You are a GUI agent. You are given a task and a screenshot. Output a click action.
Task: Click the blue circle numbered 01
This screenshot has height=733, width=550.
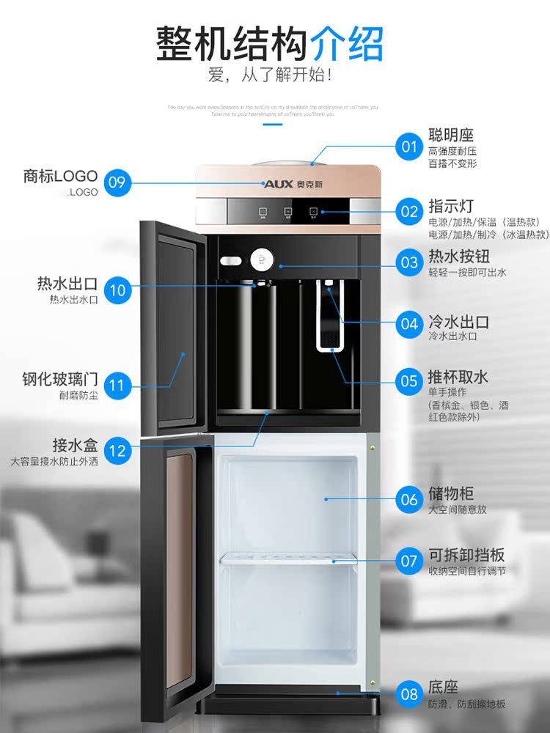point(409,147)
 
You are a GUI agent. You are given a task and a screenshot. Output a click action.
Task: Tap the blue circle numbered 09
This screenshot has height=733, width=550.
point(117,182)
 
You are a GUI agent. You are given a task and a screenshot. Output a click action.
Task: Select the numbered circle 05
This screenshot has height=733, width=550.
point(409,381)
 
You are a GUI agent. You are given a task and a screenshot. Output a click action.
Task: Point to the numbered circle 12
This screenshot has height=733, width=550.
point(117,451)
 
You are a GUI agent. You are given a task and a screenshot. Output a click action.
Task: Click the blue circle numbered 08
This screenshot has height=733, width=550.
point(409,693)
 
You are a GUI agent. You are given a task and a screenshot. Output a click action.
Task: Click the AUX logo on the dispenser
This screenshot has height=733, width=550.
point(279,183)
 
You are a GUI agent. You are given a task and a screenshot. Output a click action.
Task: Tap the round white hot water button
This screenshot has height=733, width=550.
point(261,259)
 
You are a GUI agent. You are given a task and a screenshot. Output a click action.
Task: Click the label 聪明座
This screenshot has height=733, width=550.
point(451,135)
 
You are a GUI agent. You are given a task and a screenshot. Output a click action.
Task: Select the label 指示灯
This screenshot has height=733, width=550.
point(451,205)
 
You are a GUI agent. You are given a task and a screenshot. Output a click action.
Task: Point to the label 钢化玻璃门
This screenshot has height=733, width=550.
point(60,380)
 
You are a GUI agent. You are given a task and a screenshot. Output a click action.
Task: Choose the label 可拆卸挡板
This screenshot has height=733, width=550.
point(466,555)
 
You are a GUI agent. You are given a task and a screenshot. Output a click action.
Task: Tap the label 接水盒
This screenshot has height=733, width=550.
point(75,445)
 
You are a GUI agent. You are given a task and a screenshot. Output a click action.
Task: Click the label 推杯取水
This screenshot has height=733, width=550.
point(458,377)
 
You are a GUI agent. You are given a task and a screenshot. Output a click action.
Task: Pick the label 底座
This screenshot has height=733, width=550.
point(444,688)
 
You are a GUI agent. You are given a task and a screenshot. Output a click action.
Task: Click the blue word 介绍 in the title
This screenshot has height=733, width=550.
point(347,44)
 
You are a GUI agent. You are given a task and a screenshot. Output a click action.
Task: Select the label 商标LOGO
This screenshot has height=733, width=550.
point(60,176)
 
